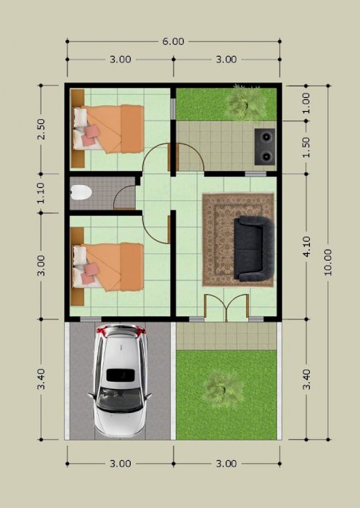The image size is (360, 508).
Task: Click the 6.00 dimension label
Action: coord(173,41)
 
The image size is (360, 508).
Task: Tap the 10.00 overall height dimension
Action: coord(328,262)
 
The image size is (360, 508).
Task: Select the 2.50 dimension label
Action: coord(41,129)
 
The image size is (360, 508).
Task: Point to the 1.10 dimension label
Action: coord(41,193)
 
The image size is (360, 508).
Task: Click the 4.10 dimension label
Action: coord(306,246)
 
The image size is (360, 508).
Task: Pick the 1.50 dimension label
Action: coord(306,147)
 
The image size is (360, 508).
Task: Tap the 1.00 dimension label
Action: coord(306,103)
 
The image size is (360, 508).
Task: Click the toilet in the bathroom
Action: coord(81,192)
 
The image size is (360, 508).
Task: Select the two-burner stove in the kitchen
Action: coord(265,147)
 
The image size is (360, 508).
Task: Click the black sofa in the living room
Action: coord(254,248)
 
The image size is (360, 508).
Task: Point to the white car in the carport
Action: coord(120,381)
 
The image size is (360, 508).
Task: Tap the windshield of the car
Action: coord(120,399)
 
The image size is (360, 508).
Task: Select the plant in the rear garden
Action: coord(247,103)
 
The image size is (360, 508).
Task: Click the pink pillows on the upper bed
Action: coord(91,136)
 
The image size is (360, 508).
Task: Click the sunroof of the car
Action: coord(120,375)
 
